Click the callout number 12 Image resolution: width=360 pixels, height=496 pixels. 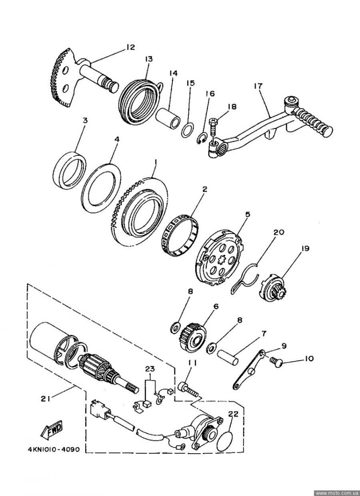130,47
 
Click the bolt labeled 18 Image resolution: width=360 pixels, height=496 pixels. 213,127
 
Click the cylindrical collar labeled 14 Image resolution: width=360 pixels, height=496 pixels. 168,118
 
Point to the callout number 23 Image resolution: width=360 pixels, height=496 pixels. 150,369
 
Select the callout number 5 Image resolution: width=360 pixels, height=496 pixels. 247,214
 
